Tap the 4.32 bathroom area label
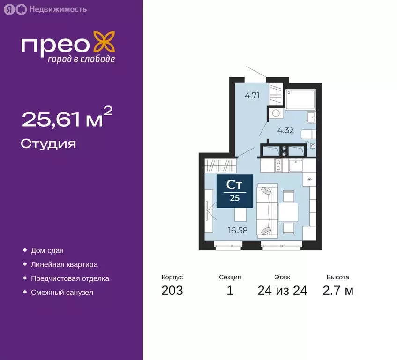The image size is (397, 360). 285,130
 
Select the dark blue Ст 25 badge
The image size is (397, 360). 235,191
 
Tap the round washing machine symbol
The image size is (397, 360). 275,113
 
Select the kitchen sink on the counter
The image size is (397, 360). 296,165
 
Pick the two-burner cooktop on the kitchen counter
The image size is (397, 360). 278,165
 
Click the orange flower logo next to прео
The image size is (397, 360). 104,42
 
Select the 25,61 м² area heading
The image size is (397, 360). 67,119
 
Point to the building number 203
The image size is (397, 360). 172,291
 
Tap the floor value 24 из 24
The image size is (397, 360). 282,291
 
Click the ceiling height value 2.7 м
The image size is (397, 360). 337,291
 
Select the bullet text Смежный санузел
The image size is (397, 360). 62,292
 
